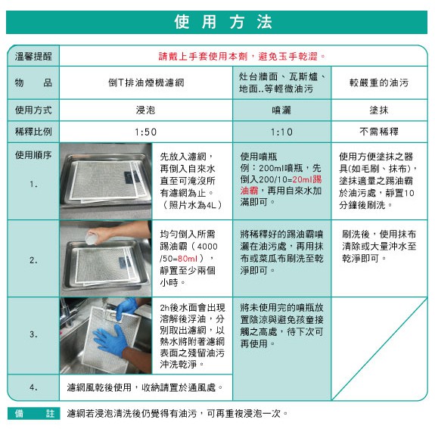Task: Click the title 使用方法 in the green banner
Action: pyautogui.click(x=223, y=22)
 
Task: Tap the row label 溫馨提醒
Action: pyautogui.click(x=33, y=56)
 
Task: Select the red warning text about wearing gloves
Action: pyautogui.click(x=241, y=56)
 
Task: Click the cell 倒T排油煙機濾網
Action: pyautogui.click(x=146, y=82)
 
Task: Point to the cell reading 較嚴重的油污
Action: pyautogui.click(x=379, y=82)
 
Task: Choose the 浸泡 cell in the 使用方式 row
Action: pyautogui.click(x=146, y=110)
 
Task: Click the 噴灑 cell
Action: pyautogui.click(x=281, y=110)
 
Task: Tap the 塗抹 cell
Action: pyautogui.click(x=379, y=110)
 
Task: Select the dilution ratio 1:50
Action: pyautogui.click(x=146, y=132)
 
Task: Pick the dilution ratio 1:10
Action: pyautogui.click(x=281, y=132)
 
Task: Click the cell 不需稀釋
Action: pyautogui.click(x=379, y=131)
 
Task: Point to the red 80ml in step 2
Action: pyautogui.click(x=188, y=259)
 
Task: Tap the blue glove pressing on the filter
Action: pyautogui.click(x=111, y=340)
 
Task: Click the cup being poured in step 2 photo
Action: pyautogui.click(x=91, y=238)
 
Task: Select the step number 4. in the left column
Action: pyautogui.click(x=33, y=387)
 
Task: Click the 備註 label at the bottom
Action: pyautogui.click(x=34, y=413)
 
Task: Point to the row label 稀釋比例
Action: pyautogui.click(x=33, y=132)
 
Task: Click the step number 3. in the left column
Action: pyautogui.click(x=33, y=334)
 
